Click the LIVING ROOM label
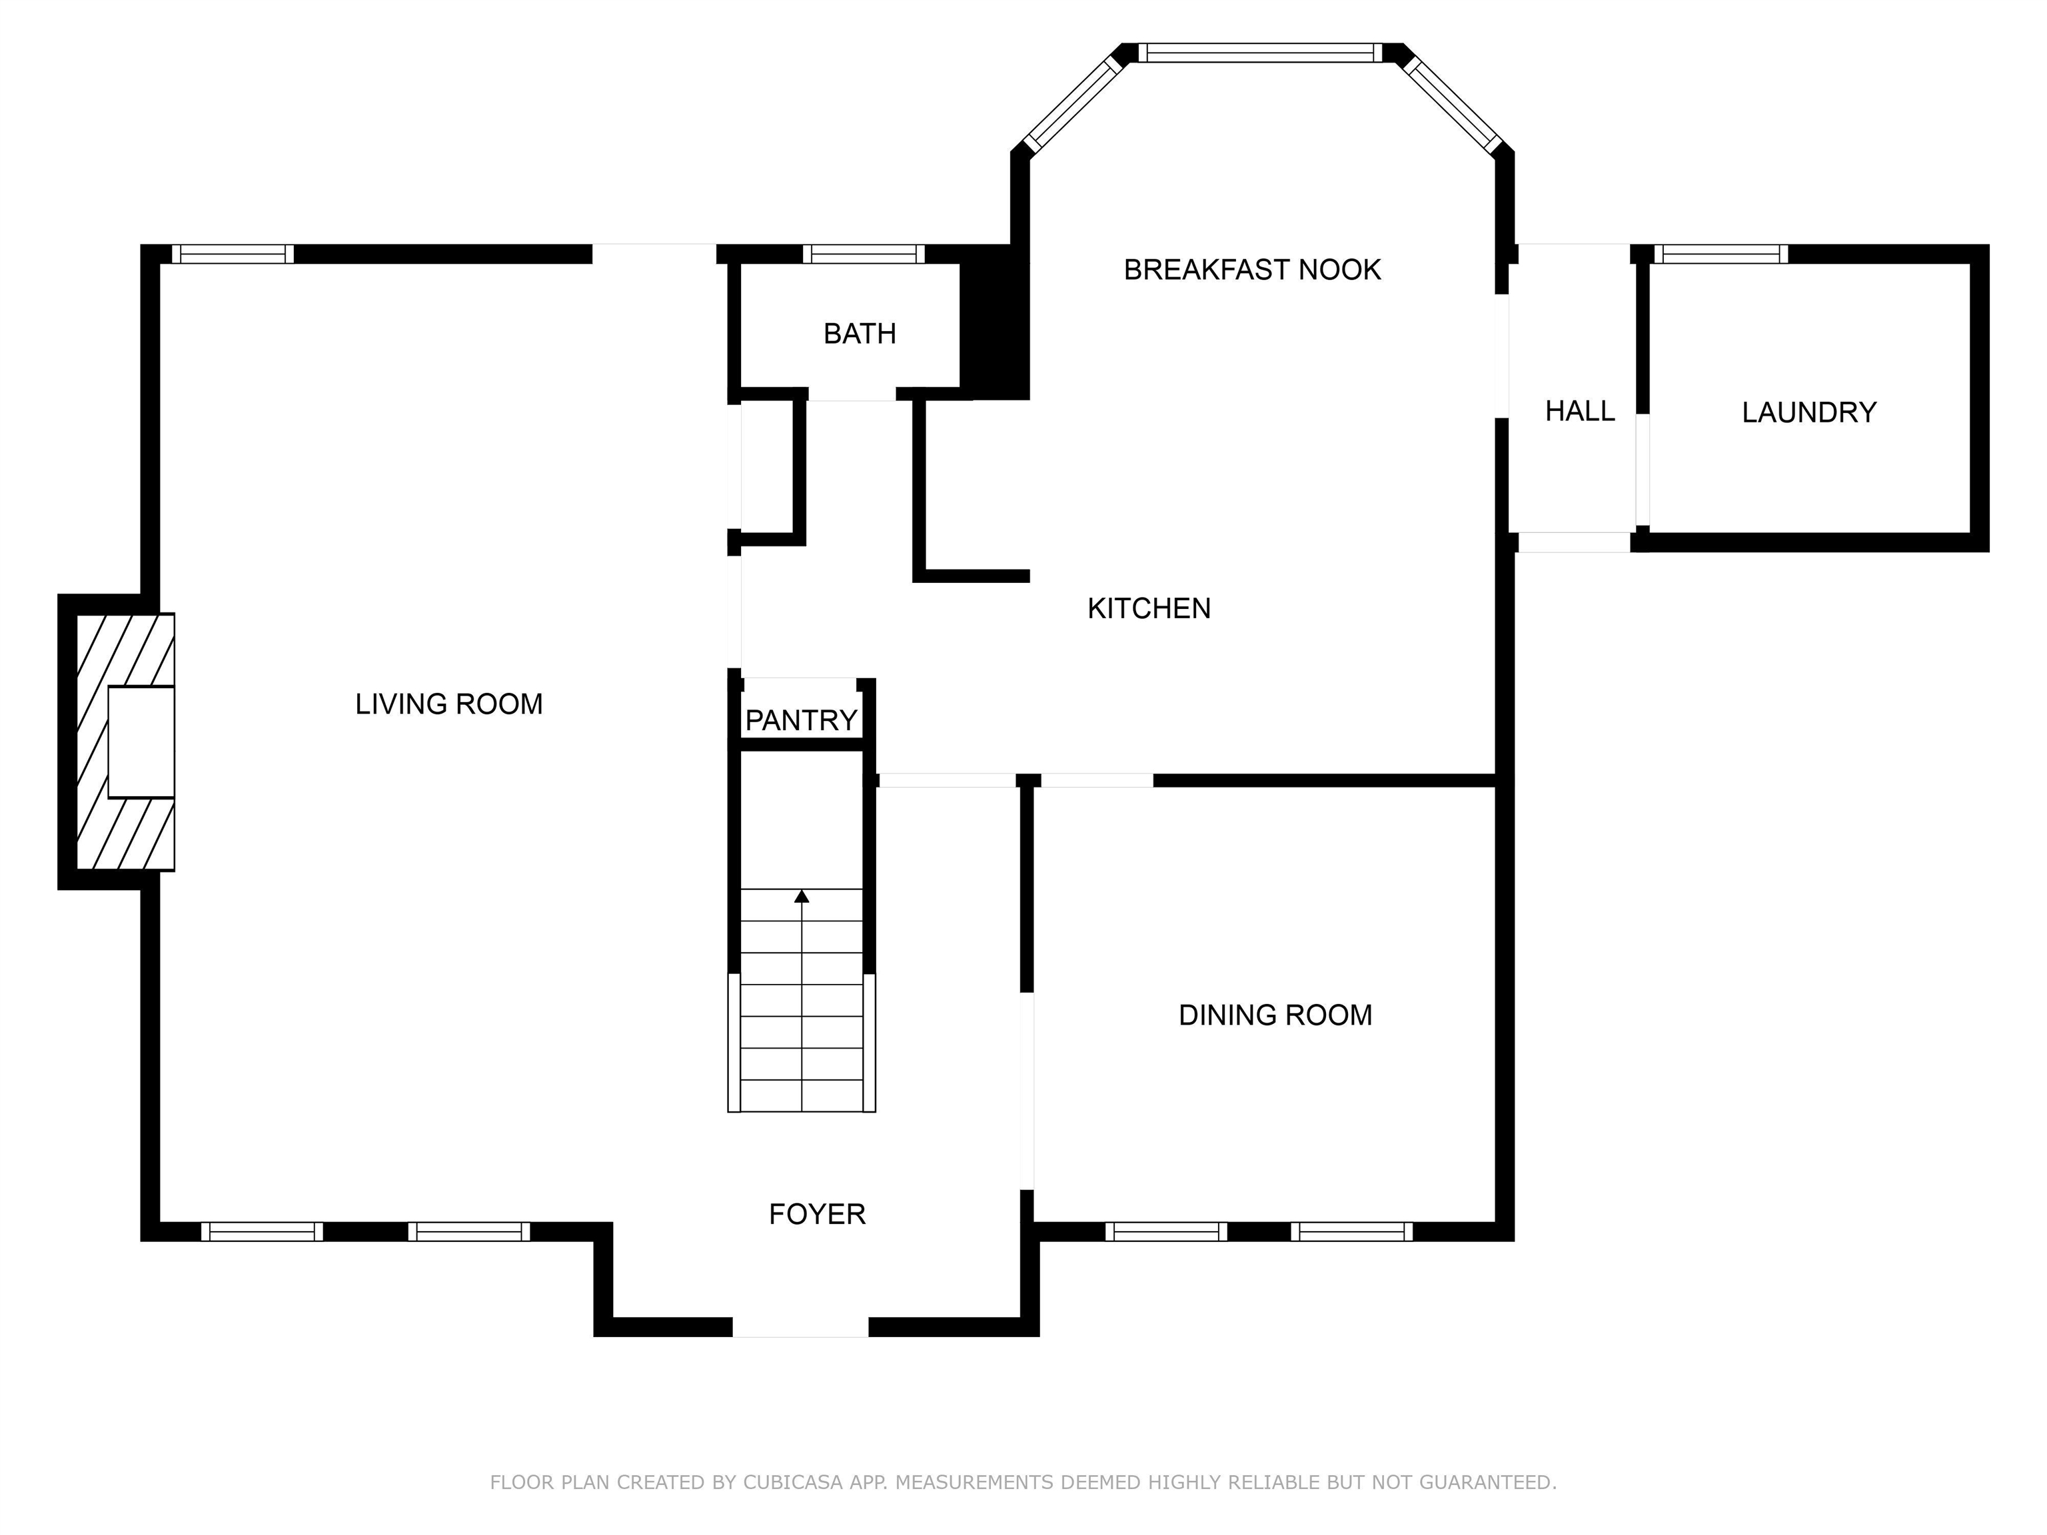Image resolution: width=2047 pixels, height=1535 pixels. [x=449, y=704]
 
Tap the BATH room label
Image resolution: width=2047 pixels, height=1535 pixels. [x=860, y=333]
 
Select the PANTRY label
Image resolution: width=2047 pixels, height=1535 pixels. [x=802, y=720]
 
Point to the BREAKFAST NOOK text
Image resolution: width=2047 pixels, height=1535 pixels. [x=1252, y=269]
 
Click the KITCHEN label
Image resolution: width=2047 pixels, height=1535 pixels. [x=1148, y=608]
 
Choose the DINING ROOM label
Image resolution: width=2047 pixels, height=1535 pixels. [x=1275, y=1015]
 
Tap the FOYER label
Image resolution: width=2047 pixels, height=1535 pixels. [x=817, y=1214]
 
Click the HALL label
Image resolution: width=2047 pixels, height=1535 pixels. [x=1580, y=411]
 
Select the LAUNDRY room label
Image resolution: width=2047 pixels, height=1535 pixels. [x=1809, y=412]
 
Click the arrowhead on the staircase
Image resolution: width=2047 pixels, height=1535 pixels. [x=802, y=895]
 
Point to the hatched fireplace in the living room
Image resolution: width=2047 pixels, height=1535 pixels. [x=125, y=742]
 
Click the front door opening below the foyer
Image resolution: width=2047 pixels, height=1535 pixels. [x=800, y=1327]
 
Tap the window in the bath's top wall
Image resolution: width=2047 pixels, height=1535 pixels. [x=864, y=254]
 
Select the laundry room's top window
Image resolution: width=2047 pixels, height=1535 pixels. [x=1721, y=254]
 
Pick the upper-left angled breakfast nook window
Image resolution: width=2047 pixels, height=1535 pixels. [x=1075, y=102]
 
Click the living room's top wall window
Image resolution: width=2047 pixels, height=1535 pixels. [x=233, y=254]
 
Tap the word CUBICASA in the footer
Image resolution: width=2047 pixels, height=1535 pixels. [x=793, y=1482]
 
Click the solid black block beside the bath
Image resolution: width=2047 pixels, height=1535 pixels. [x=995, y=322]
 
